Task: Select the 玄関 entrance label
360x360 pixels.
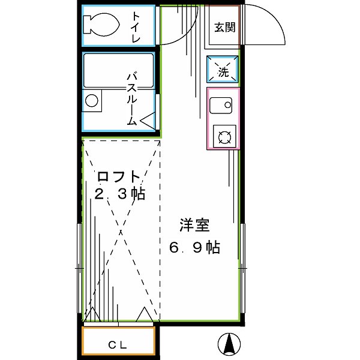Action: [224, 26]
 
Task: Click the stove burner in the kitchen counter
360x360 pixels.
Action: [224, 137]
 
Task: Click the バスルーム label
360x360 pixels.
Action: [133, 97]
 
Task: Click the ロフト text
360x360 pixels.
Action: [119, 178]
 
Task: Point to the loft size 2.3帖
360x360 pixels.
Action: [121, 194]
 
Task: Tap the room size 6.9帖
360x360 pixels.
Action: [193, 247]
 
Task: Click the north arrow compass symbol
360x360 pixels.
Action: [229, 343]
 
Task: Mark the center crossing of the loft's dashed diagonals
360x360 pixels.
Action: [122, 229]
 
